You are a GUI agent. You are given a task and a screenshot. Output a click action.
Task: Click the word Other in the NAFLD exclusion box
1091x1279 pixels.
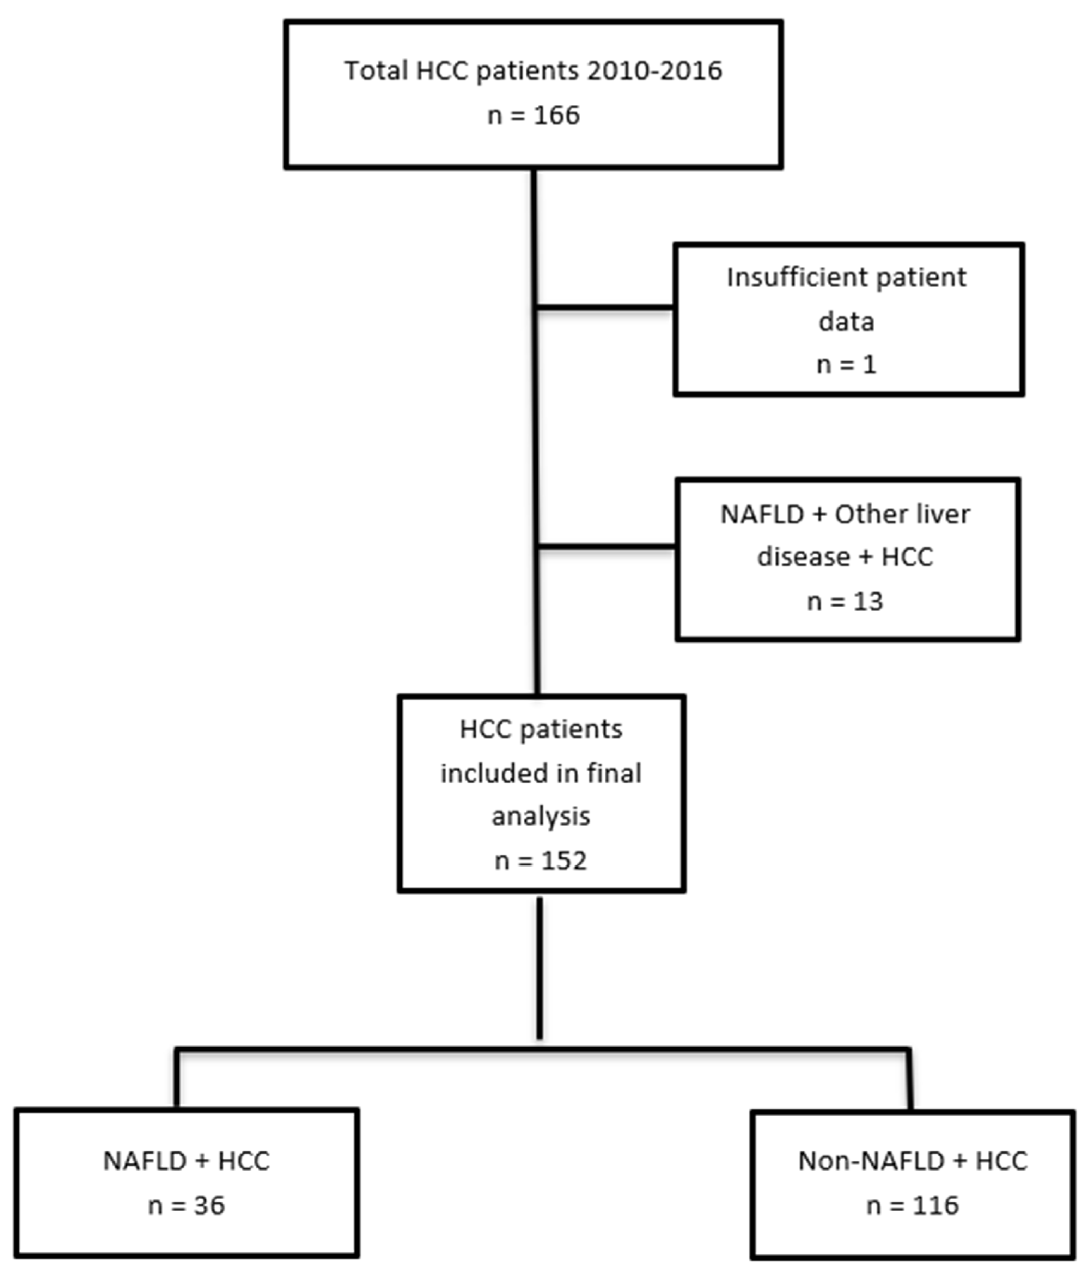tap(863, 514)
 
